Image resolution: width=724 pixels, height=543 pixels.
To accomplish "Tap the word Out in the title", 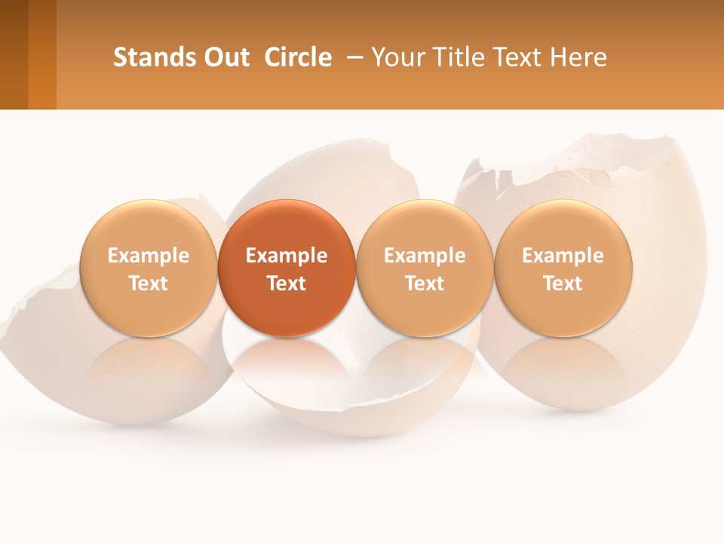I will click(225, 57).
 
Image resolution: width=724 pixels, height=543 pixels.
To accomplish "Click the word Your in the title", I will click(396, 57).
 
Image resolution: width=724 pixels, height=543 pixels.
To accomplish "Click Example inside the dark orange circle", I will click(287, 256).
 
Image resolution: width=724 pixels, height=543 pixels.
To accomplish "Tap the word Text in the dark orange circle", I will click(287, 284).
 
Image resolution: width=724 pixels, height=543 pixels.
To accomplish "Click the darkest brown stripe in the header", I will click(14, 54).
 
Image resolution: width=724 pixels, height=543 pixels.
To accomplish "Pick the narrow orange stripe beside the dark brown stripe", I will click(42, 54).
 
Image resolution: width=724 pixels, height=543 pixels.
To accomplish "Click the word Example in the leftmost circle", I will click(149, 256).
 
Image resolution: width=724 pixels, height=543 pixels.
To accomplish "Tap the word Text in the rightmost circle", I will click(563, 284).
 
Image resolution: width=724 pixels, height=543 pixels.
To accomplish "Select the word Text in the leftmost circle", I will click(149, 284).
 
